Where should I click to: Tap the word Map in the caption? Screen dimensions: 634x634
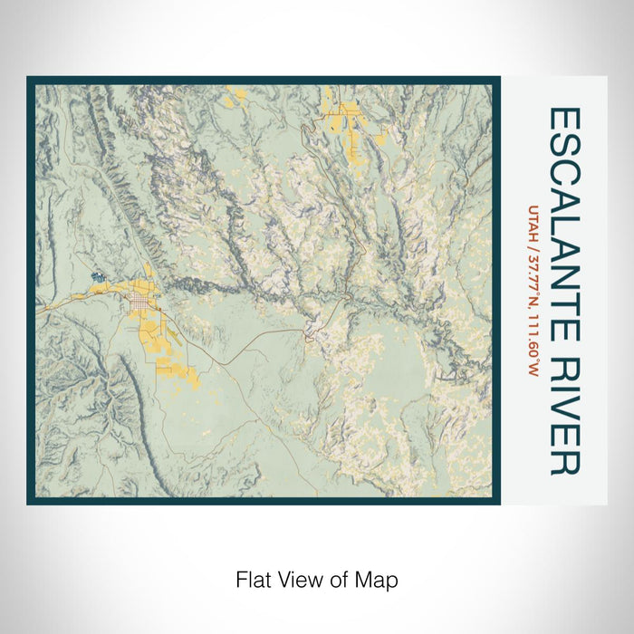(x=379, y=579)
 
